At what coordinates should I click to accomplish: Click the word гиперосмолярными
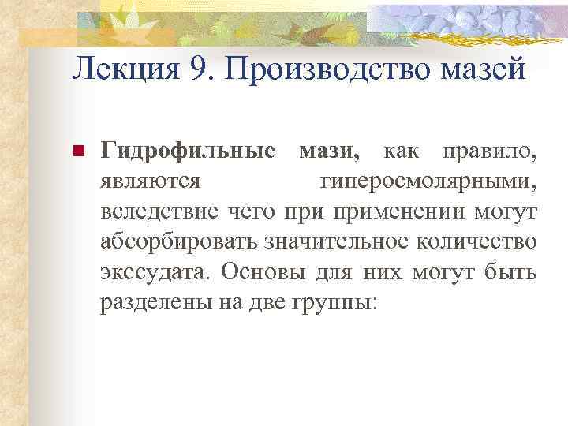(429, 181)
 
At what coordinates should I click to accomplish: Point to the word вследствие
(157, 211)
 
